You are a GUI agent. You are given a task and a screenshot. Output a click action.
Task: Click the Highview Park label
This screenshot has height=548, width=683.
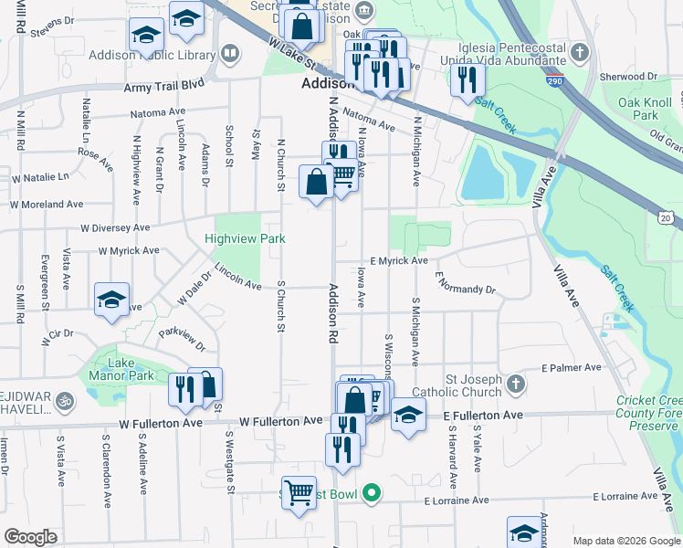coord(245,239)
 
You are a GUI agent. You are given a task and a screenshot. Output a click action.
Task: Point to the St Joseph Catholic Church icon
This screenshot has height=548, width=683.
coord(517,383)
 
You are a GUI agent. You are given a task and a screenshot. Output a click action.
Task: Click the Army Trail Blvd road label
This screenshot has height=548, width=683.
coord(164,87)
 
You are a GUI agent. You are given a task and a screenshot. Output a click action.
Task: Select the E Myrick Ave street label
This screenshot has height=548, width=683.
coord(399,261)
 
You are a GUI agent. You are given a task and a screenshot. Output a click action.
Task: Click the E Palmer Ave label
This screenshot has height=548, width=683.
coord(571,368)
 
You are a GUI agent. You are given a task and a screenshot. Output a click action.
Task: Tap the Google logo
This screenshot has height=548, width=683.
coord(30,537)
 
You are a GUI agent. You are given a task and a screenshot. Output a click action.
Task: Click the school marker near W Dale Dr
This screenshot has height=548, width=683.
coord(111,300)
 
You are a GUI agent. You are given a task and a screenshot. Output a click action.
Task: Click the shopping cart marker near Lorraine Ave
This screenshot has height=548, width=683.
coord(299,493)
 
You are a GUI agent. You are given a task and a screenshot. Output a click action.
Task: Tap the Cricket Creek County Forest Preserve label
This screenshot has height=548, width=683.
coord(648,413)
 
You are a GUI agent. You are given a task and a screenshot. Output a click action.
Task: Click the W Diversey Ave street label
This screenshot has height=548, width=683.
coord(115,227)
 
